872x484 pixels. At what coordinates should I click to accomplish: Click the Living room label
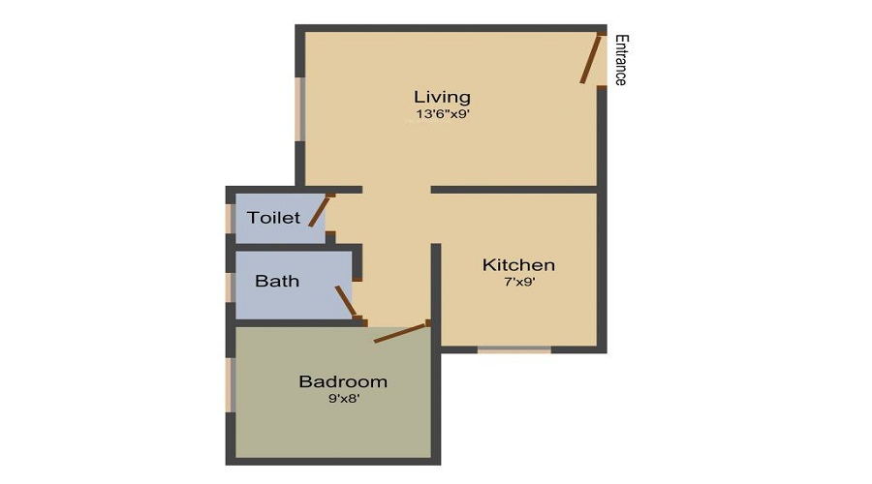click(442, 97)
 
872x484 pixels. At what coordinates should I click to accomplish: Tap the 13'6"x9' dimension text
click(442, 114)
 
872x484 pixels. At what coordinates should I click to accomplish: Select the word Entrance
click(621, 60)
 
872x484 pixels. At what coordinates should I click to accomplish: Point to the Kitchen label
click(518, 265)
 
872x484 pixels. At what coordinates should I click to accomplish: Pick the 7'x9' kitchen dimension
click(518, 283)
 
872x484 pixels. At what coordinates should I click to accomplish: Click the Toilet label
click(273, 218)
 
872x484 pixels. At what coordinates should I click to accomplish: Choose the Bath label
click(277, 282)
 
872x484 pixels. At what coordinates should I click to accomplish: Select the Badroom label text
click(343, 381)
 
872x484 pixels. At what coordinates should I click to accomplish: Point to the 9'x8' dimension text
click(343, 398)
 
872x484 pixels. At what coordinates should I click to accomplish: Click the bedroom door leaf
click(401, 333)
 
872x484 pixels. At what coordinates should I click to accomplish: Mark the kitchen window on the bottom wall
click(514, 348)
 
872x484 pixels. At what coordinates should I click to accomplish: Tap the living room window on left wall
click(300, 108)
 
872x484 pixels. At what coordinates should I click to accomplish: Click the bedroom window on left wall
click(231, 385)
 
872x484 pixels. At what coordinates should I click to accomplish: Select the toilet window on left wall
click(231, 218)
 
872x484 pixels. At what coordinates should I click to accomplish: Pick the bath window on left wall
click(231, 287)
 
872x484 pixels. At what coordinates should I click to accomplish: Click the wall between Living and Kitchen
click(514, 190)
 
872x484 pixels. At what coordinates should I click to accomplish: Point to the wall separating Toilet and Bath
click(291, 248)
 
